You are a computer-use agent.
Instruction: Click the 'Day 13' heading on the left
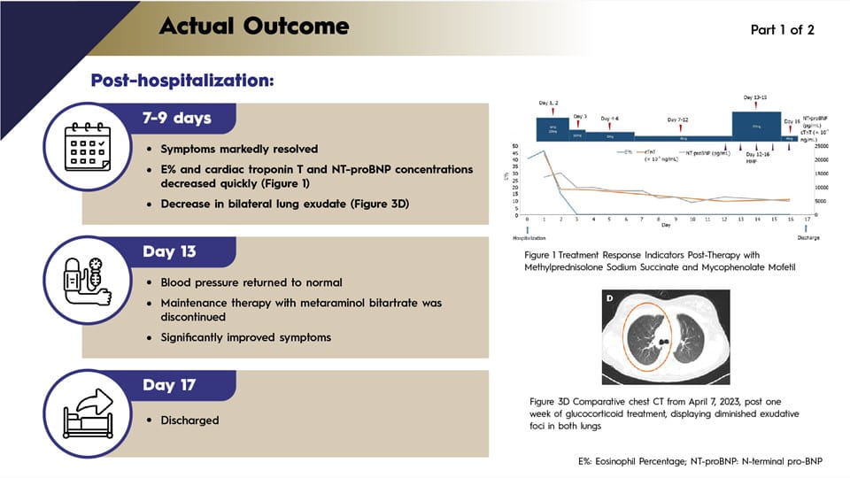click(170, 251)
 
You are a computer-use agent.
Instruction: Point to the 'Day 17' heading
click(170, 385)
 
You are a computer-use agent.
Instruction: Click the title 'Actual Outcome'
click(254, 26)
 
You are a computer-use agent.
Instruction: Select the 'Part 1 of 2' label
click(782, 29)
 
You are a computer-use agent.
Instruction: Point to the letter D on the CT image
click(610, 298)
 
